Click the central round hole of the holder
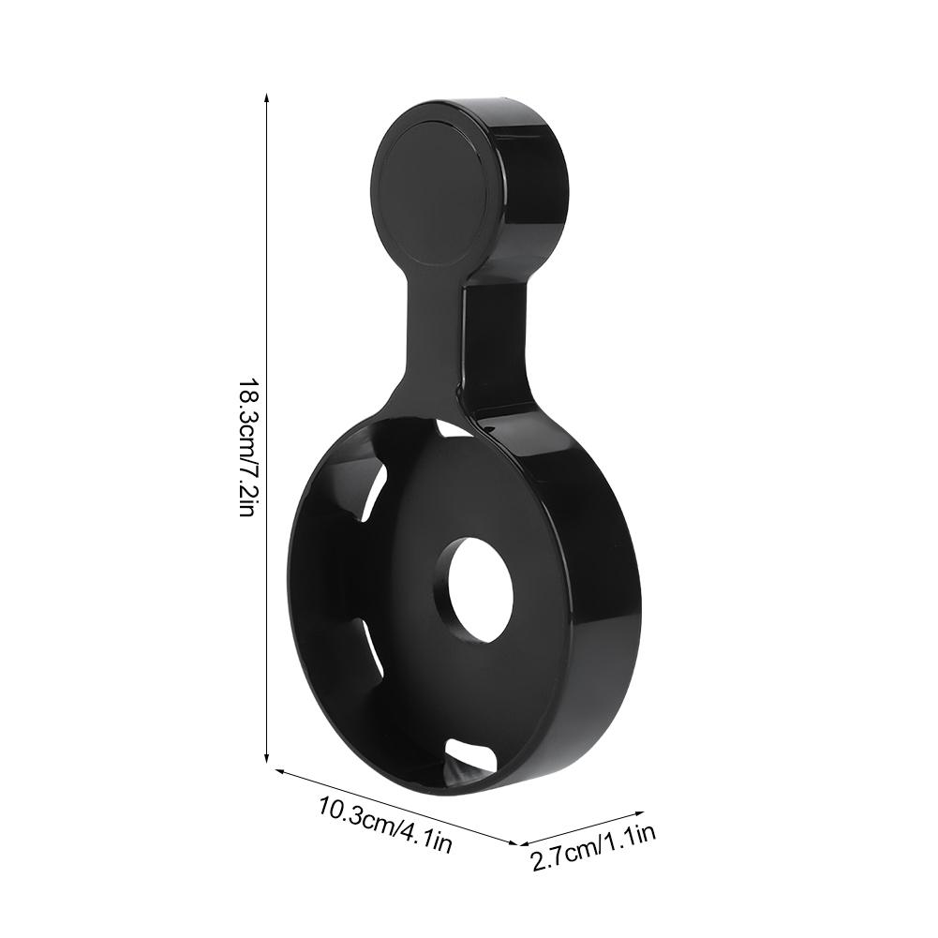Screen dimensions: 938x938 pyautogui.click(x=478, y=589)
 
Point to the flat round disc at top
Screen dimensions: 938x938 pyautogui.click(x=430, y=187)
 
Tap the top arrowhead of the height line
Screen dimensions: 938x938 pyautogui.click(x=268, y=97)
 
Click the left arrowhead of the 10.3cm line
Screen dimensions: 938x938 pyautogui.click(x=278, y=772)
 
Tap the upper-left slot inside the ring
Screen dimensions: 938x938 pyautogui.click(x=374, y=492)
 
